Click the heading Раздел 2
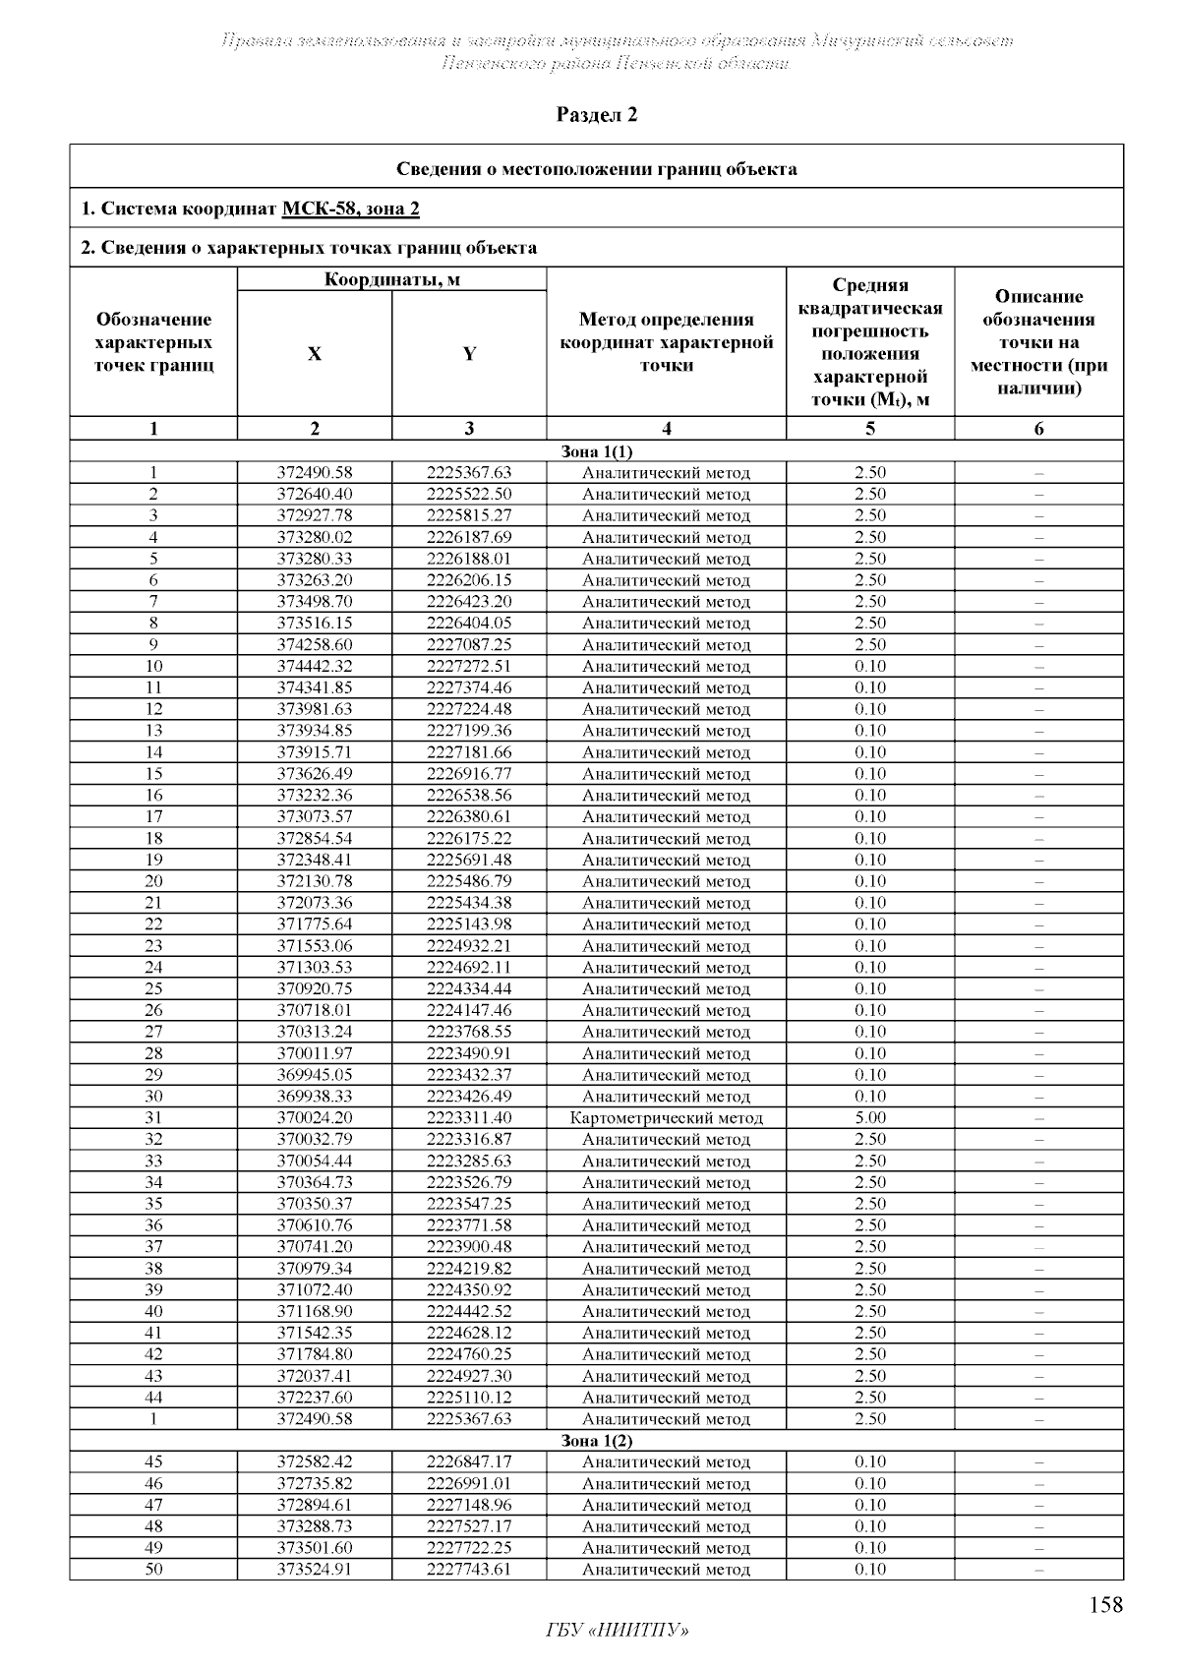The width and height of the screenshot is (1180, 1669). (x=597, y=115)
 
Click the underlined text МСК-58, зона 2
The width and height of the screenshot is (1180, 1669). (x=351, y=209)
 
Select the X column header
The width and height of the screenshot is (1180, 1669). (x=314, y=354)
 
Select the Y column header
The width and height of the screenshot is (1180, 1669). (x=469, y=354)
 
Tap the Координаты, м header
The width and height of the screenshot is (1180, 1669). (x=391, y=279)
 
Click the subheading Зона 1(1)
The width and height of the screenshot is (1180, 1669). (x=596, y=451)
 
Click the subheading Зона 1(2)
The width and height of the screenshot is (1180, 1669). (x=596, y=1440)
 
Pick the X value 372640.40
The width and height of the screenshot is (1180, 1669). (x=314, y=494)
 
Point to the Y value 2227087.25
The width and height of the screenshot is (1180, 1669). (x=469, y=645)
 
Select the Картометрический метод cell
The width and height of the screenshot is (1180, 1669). (x=666, y=1117)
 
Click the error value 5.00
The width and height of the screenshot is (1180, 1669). (x=869, y=1117)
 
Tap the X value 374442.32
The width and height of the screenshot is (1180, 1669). (x=314, y=666)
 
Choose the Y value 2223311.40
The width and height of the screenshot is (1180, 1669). (x=469, y=1117)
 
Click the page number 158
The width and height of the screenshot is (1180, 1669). (x=1105, y=1605)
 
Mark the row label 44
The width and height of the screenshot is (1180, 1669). (x=153, y=1398)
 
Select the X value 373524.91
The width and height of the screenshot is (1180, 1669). (x=314, y=1569)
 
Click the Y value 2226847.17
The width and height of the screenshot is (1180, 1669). (x=469, y=1461)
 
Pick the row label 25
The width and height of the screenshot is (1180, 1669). (x=153, y=988)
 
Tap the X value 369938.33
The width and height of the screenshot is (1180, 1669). (x=314, y=1096)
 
